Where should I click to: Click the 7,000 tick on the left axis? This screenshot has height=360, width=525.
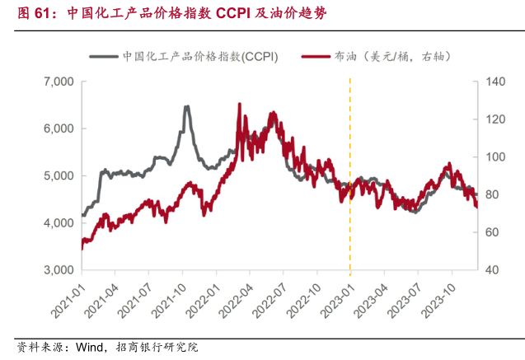tap(58, 82)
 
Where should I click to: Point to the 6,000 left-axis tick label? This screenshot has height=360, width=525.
tap(58, 129)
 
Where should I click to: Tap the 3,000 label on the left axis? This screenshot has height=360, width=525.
tap(58, 270)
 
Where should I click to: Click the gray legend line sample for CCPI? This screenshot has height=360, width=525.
tap(102, 57)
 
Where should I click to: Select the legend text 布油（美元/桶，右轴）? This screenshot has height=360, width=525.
tap(393, 57)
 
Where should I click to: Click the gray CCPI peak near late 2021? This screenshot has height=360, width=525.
tap(186, 106)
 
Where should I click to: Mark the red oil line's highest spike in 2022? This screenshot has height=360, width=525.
tap(239, 105)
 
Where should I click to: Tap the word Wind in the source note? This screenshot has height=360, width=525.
tap(91, 348)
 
